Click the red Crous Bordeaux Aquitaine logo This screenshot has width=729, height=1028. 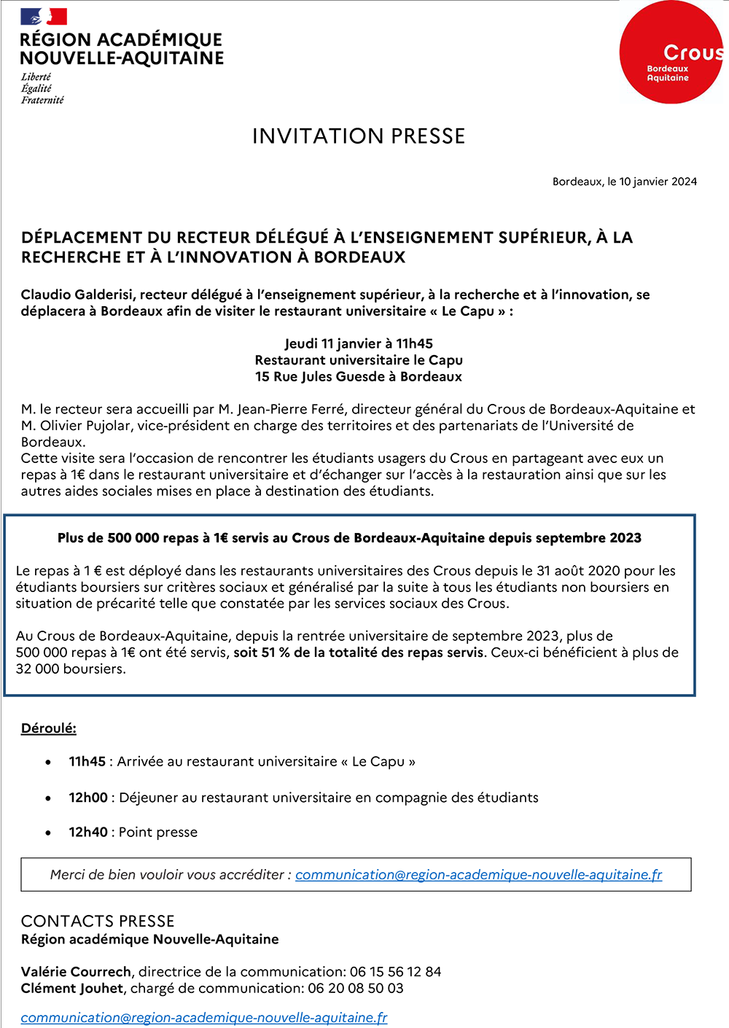671,52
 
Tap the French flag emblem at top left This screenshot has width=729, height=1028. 44,17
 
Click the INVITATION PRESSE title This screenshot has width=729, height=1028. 358,136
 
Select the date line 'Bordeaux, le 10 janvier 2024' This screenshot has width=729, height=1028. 624,182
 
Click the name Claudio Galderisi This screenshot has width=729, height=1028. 78,295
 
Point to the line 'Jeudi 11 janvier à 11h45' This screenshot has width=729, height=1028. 358,343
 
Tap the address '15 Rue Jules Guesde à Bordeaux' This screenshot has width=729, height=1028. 358,376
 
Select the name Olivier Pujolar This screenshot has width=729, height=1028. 86,426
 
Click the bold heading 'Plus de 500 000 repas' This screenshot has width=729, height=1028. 349,538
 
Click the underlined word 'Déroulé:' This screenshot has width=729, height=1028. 48,728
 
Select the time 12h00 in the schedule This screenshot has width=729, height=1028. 88,798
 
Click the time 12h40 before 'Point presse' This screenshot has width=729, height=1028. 88,832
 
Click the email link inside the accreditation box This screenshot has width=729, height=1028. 478,875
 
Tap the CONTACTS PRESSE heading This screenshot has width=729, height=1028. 98,921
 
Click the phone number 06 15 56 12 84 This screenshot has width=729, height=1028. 395,972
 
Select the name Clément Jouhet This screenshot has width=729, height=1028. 72,989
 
